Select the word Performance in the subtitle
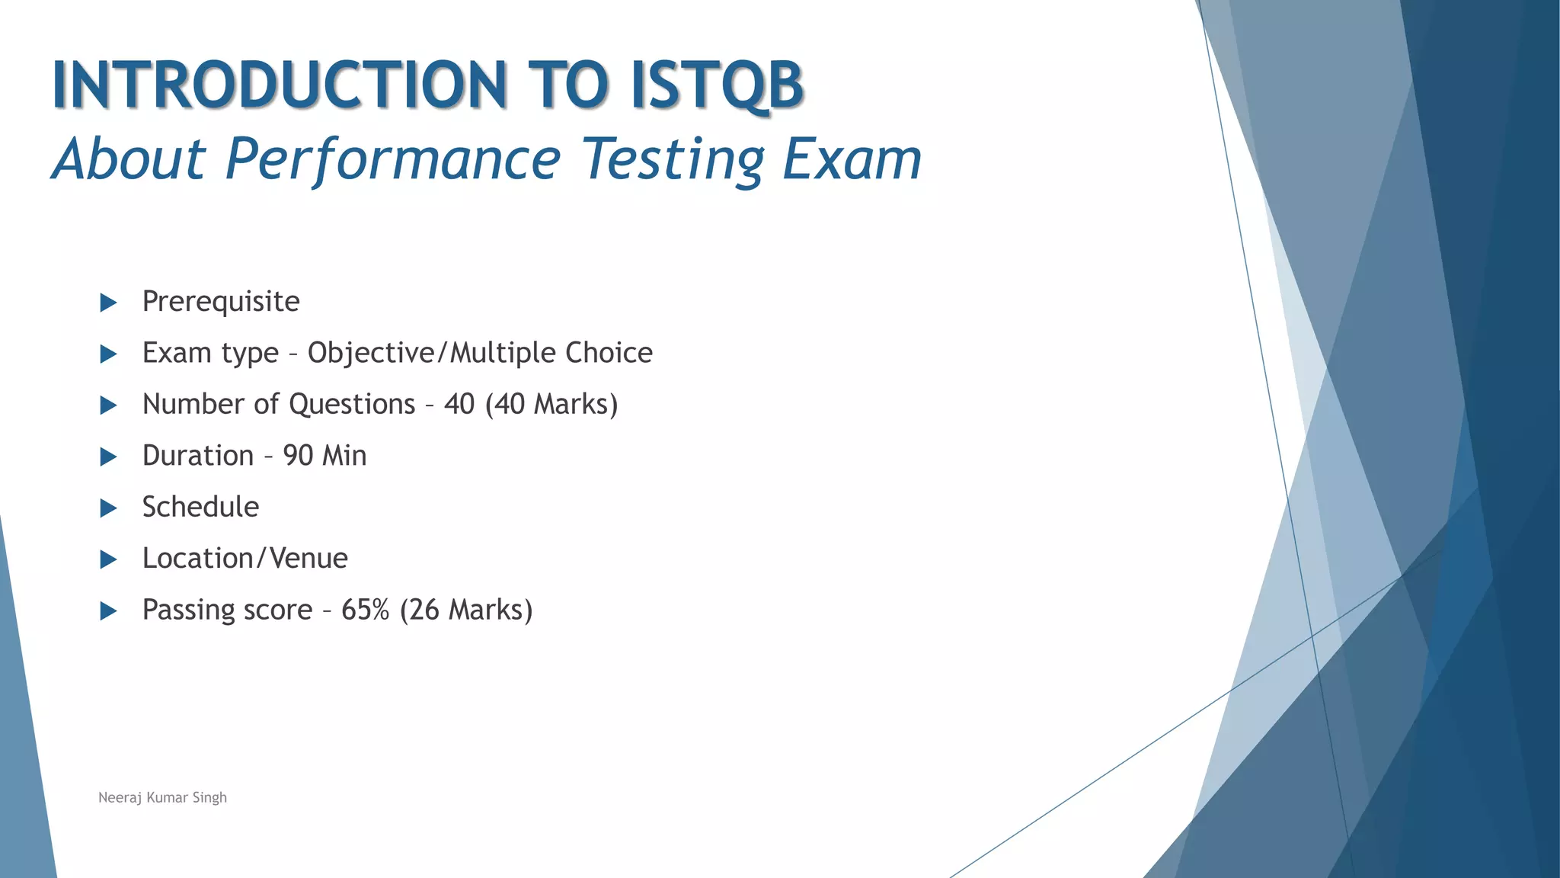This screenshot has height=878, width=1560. pyautogui.click(x=393, y=159)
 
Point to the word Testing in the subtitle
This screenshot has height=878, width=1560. pyautogui.click(x=673, y=159)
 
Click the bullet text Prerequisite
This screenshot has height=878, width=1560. pyautogui.click(x=221, y=302)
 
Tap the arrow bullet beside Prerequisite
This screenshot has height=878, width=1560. pyautogui.click(x=108, y=303)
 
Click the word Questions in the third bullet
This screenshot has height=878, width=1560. pyautogui.click(x=352, y=404)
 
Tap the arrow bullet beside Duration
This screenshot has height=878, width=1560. pyautogui.click(x=108, y=457)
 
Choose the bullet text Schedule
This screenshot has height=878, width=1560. pyautogui.click(x=200, y=507)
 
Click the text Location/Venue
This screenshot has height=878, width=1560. pyautogui.click(x=245, y=559)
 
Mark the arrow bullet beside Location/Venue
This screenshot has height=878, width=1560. pyautogui.click(x=108, y=559)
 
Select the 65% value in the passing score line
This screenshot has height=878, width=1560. pyautogui.click(x=365, y=610)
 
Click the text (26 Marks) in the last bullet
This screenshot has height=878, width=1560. pyautogui.click(x=465, y=610)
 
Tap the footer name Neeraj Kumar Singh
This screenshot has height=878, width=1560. pyautogui.click(x=162, y=797)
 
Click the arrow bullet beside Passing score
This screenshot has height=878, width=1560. pyautogui.click(x=108, y=610)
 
